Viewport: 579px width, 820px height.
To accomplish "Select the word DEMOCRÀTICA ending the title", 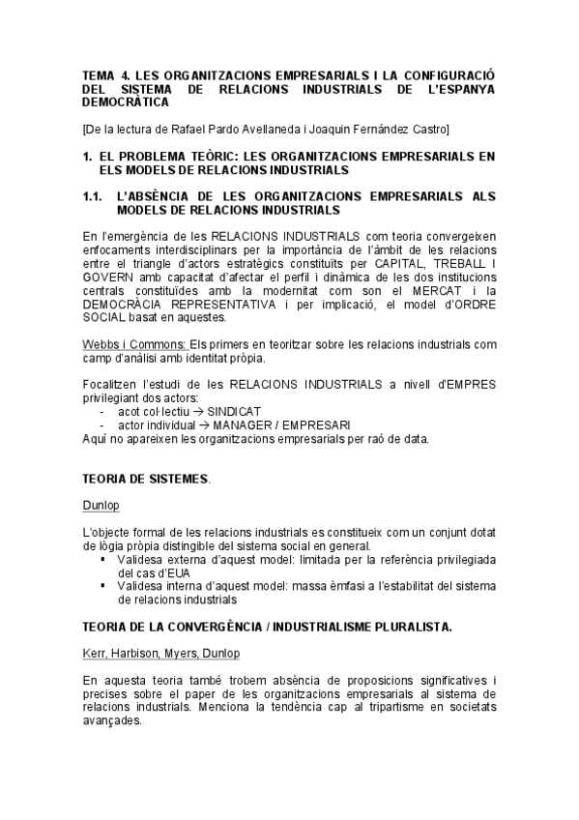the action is (125, 101).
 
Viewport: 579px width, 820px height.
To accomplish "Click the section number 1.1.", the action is (93, 196).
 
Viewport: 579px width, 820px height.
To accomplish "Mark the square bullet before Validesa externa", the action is (103, 559).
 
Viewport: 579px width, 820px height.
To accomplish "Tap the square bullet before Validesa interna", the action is (103, 586).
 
